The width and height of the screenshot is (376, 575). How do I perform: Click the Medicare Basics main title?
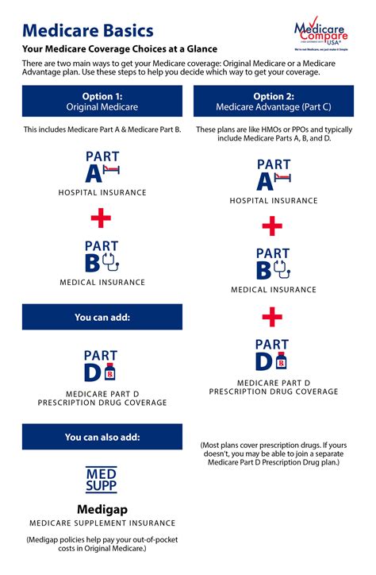(x=88, y=31)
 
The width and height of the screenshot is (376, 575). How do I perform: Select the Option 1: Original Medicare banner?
(x=102, y=102)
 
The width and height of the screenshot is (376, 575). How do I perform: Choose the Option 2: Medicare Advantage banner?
(x=273, y=102)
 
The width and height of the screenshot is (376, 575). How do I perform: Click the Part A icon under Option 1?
(x=102, y=167)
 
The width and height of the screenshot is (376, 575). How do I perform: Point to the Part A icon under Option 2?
(x=272, y=175)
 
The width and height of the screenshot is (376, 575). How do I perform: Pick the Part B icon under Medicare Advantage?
(x=272, y=264)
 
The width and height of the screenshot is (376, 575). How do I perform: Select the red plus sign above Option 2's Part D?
(x=272, y=318)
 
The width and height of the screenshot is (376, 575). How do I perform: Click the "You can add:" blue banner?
(x=102, y=317)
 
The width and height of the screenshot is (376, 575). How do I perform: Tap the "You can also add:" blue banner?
(x=102, y=437)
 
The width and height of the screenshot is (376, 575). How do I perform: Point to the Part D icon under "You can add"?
(x=102, y=365)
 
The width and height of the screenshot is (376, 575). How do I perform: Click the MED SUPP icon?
(x=102, y=480)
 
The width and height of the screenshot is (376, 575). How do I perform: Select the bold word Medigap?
(x=102, y=508)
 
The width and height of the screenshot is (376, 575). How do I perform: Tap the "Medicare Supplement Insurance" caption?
(x=102, y=523)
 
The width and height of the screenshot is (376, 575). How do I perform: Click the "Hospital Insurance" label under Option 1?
(x=102, y=192)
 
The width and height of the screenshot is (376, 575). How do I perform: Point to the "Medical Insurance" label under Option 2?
(x=273, y=290)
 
